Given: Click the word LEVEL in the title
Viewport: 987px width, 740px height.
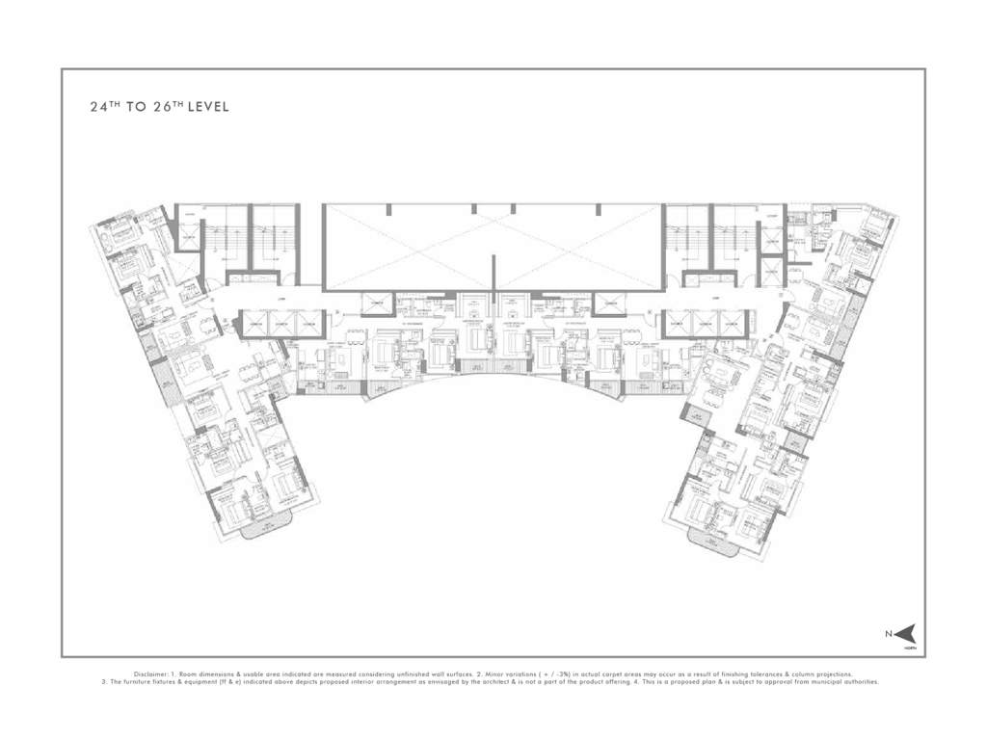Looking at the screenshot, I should [209, 108].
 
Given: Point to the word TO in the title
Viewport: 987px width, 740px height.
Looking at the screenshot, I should [135, 108].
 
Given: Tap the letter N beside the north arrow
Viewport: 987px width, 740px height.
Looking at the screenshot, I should [890, 633].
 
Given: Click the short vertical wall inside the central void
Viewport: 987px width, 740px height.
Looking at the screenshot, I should [493, 271].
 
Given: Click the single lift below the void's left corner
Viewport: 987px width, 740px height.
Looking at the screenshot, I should [375, 305].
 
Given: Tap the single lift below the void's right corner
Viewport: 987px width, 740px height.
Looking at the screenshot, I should [609, 305].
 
